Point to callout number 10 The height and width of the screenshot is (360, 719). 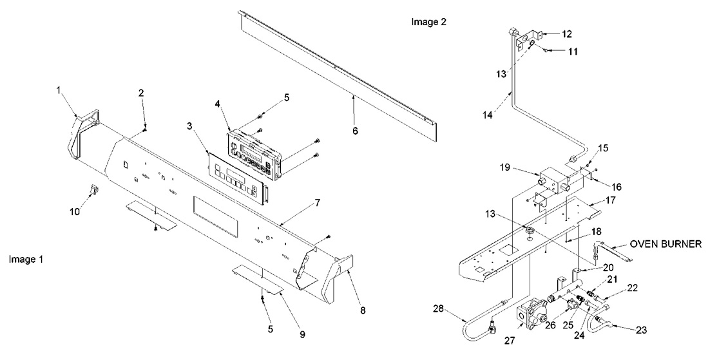point(75,211)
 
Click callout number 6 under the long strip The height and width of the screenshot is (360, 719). point(355,130)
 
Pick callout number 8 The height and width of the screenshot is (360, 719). point(363,310)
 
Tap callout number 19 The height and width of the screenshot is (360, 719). point(522,168)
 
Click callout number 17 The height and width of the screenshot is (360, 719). point(609,201)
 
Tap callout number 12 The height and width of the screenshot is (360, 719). point(566,33)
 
